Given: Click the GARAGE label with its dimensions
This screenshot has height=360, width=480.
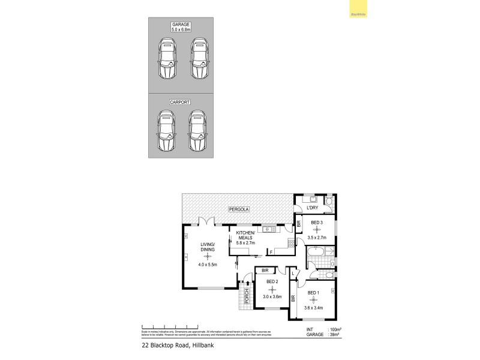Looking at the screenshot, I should (181, 27).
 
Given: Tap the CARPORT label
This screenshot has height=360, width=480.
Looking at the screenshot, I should (181, 103).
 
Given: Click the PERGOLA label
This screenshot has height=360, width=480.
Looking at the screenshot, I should (238, 209).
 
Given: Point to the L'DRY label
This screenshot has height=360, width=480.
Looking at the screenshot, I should (312, 208).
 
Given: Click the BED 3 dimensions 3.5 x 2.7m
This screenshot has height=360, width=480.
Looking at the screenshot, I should (317, 238).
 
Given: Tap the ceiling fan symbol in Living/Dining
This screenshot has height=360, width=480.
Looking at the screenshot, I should (208, 256).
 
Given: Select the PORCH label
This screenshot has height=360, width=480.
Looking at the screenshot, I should (247, 297).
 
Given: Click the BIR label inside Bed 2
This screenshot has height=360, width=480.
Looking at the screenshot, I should (265, 271).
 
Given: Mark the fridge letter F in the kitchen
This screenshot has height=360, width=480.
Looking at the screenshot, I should (271, 252).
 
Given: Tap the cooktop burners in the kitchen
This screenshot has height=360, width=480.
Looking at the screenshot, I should (292, 243).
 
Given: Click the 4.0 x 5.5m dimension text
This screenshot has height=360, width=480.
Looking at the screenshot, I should (208, 264).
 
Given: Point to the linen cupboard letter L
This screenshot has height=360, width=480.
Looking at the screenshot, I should (293, 274).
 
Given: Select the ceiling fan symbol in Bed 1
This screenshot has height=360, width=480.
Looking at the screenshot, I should (313, 300).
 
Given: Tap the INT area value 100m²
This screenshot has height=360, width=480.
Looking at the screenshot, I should (335, 329).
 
